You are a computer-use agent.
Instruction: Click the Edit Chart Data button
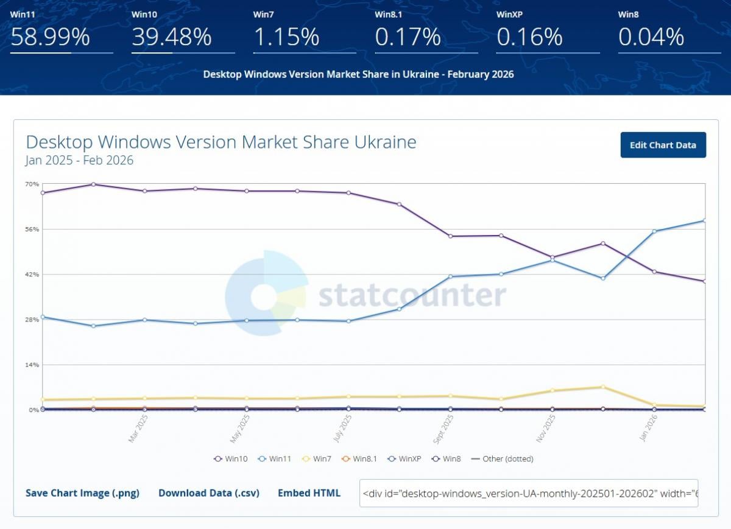point(663,145)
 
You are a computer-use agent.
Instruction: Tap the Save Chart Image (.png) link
point(82,493)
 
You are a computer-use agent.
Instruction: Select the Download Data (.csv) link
point(209,493)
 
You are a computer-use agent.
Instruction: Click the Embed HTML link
point(309,493)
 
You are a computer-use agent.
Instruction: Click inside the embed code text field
point(528,493)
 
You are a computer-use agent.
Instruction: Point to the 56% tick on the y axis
point(32,229)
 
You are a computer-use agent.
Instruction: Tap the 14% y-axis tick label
point(32,365)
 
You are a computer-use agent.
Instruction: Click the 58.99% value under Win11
point(50,38)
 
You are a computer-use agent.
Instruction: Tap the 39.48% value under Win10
point(172,38)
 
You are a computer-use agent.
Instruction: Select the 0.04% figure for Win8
point(651,38)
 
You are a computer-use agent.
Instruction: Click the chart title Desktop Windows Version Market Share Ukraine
point(221,142)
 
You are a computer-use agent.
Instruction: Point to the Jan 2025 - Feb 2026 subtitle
point(79,161)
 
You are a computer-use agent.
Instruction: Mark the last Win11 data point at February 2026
point(704,220)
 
